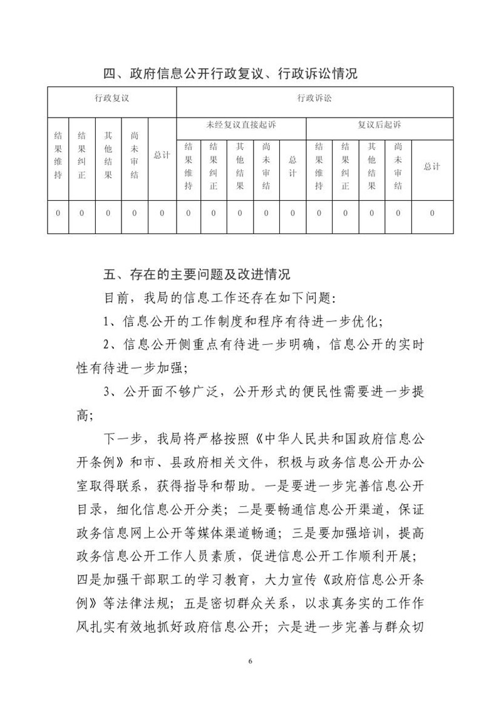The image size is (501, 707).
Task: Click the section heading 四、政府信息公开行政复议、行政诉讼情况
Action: (x=230, y=73)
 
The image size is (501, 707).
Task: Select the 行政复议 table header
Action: (x=112, y=98)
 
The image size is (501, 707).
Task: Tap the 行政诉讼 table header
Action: (x=314, y=98)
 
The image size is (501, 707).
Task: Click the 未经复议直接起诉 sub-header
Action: (x=240, y=125)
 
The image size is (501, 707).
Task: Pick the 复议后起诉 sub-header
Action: (x=379, y=125)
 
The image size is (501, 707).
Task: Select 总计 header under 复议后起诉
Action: (x=431, y=166)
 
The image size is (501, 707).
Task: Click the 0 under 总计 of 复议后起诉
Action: (x=431, y=213)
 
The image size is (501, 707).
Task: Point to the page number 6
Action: (x=250, y=661)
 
